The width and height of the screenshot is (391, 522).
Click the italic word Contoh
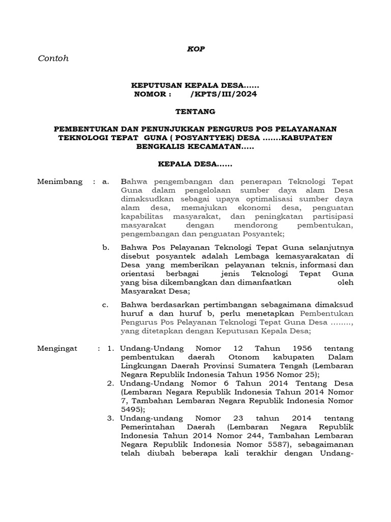[53, 58]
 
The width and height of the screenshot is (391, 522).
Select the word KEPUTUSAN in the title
[152, 86]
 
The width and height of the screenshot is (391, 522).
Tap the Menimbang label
[60, 182]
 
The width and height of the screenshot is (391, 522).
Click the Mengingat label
[58, 348]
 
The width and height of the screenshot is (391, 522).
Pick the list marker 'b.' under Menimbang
[105, 247]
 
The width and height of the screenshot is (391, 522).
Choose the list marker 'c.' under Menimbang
[105, 305]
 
